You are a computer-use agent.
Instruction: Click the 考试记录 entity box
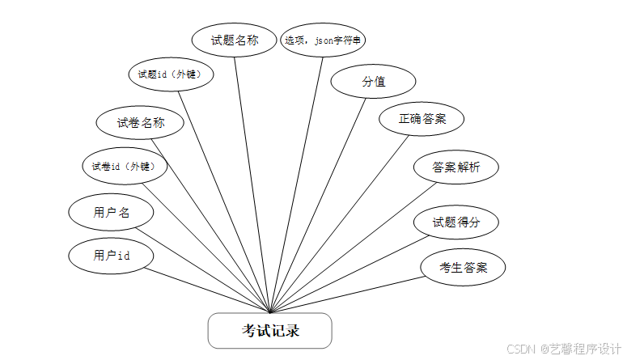tap(269, 330)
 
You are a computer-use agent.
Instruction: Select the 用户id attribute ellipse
tap(112, 256)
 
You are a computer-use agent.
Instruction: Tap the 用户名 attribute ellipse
tap(112, 213)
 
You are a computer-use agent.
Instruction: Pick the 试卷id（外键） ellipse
tap(125, 167)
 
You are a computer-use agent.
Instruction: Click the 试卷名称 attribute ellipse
tap(141, 123)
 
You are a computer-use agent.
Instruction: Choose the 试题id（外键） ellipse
tap(171, 74)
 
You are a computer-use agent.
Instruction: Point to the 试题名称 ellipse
tap(235, 40)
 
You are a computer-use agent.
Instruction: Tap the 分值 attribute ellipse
tap(373, 81)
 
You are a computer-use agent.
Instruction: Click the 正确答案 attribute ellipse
tap(422, 118)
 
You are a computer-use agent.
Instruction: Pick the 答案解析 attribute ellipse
tap(455, 167)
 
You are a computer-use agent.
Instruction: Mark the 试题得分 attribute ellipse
tap(455, 222)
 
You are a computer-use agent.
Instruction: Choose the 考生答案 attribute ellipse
tap(463, 267)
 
